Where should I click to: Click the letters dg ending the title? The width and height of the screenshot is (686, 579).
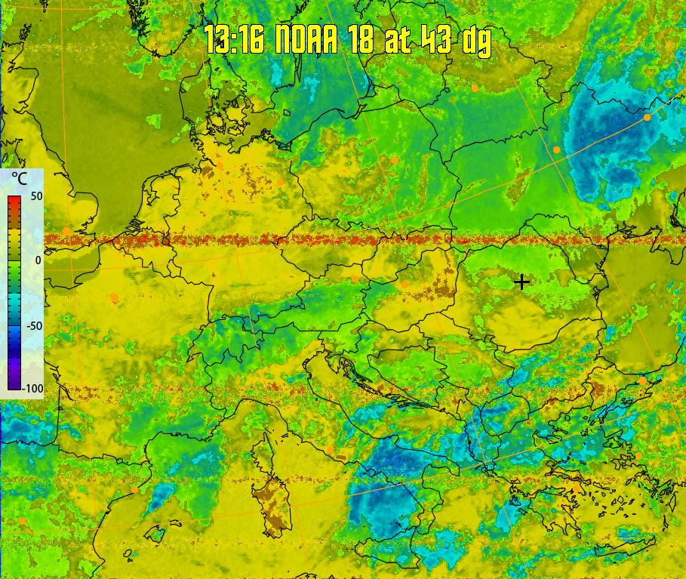[x=476, y=41]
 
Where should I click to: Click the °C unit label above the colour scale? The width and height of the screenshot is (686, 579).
[x=20, y=180]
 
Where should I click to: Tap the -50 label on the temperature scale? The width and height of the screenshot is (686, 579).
[x=32, y=325]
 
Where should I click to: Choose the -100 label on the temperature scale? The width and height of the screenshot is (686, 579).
[x=31, y=388]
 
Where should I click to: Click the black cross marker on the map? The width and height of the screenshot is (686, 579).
[x=521, y=282]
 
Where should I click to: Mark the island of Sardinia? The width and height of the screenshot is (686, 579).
[x=270, y=502]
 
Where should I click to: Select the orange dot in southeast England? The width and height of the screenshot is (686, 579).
[x=67, y=231]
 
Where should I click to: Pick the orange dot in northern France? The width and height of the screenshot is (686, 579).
[x=114, y=298]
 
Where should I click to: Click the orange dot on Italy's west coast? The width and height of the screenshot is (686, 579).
[x=329, y=451]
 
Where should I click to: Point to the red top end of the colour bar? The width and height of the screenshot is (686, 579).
[x=14, y=200]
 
